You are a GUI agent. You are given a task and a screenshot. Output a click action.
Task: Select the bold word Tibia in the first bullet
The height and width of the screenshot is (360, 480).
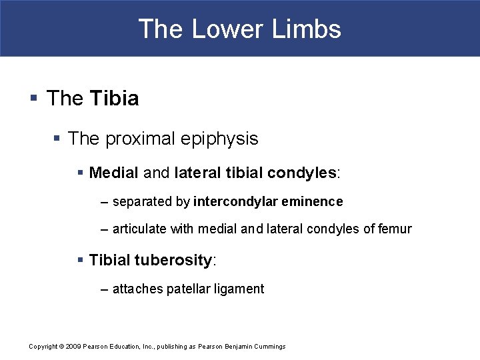114,99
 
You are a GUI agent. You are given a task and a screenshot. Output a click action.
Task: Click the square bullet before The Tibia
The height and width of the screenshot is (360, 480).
33,99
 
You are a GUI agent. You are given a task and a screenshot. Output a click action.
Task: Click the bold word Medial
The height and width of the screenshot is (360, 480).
113,173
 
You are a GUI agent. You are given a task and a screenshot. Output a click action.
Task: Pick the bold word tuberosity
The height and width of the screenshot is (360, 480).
173,260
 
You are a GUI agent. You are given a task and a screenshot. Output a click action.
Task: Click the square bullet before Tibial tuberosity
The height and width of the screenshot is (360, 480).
81,260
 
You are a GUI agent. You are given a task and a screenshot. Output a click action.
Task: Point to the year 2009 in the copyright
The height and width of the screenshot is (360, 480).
74,347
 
